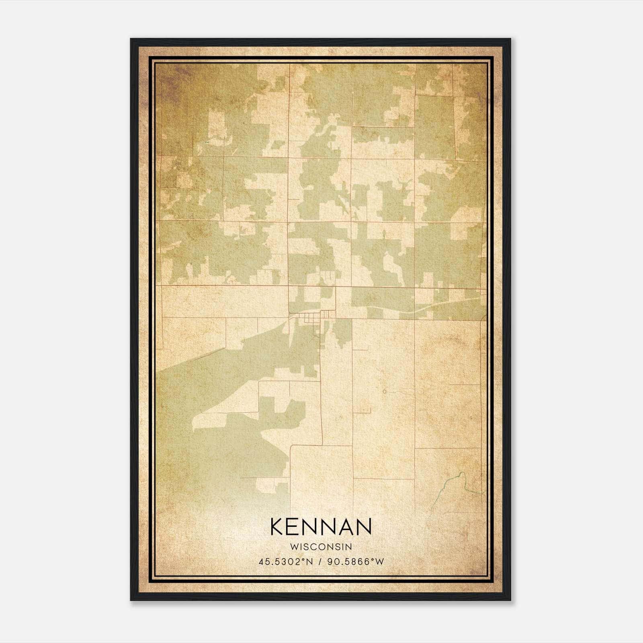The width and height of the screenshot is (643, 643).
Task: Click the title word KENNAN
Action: coord(321,527)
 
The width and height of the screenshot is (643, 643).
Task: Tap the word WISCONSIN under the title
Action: coord(321,547)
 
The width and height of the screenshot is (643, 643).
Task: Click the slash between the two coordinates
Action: coord(320,562)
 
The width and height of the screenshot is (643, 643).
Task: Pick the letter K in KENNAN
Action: coord(277,527)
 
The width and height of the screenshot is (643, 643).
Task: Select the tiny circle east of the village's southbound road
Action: coord(385,391)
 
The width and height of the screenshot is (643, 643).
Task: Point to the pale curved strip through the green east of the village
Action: coord(418,310)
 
